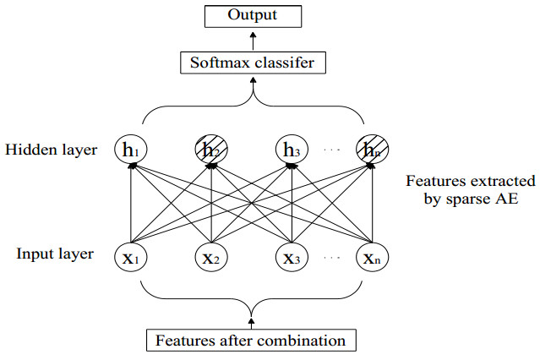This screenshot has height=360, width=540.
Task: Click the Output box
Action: (252, 15)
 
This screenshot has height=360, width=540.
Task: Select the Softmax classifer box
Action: (252, 62)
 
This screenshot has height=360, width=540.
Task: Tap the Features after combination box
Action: (251, 341)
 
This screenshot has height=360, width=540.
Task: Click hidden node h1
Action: (130, 150)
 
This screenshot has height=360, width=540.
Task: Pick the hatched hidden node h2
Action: (210, 150)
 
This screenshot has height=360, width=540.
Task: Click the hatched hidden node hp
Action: (371, 150)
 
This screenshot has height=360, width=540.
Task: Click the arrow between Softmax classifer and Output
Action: (252, 39)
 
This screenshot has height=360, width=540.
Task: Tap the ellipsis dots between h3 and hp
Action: (332, 151)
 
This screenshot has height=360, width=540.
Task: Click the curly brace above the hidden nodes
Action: (251, 106)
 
